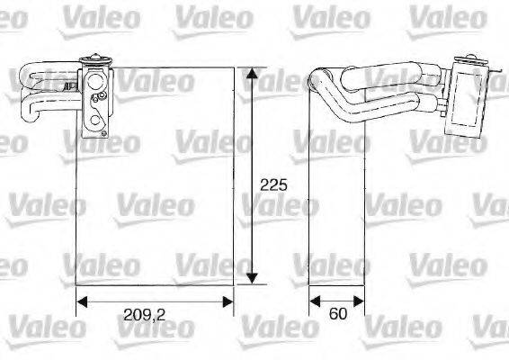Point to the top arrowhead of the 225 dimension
pos(254,71)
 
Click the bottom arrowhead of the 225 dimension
pos(254,279)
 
